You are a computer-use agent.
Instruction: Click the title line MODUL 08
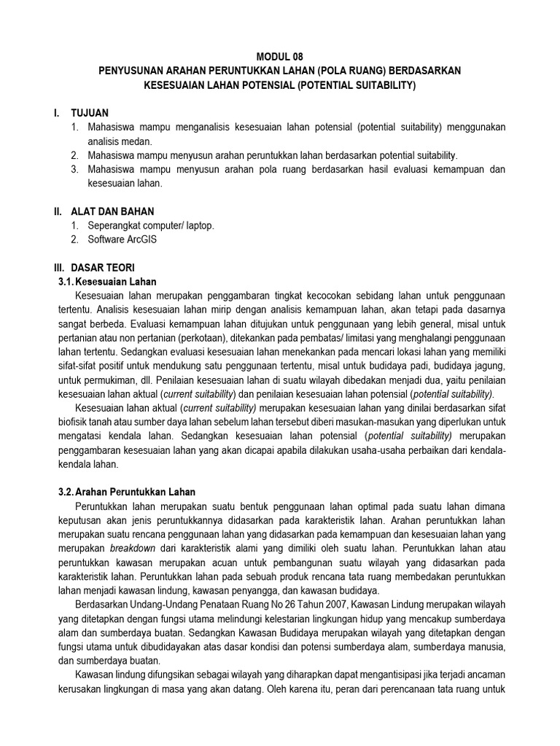click(x=280, y=56)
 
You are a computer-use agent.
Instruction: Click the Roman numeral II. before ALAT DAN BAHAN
click(x=58, y=211)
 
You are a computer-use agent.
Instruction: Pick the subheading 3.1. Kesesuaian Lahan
click(x=107, y=281)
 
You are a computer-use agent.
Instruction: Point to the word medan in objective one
click(x=136, y=141)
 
